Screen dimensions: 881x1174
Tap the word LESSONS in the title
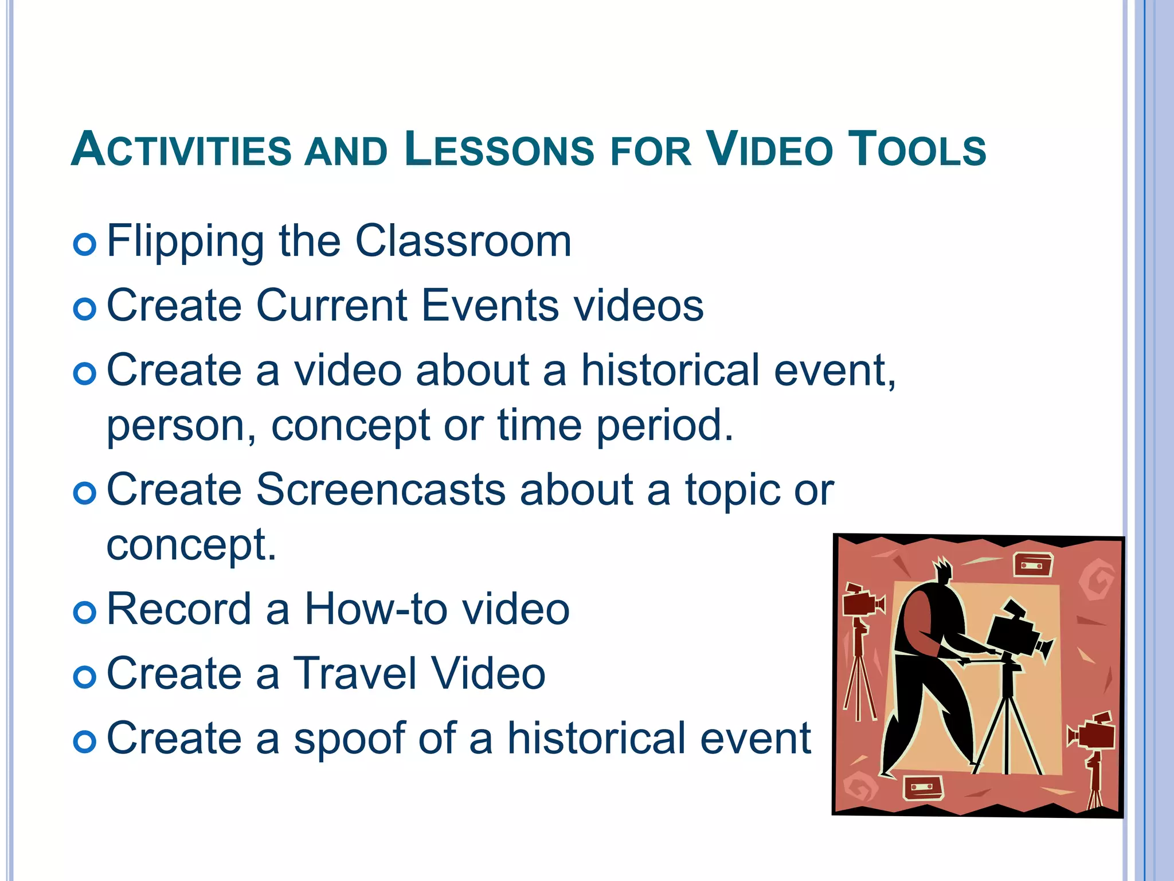click(x=499, y=150)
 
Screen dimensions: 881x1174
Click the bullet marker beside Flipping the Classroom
click(x=85, y=245)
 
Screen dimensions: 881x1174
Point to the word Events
click(x=490, y=306)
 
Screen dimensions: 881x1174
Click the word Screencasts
click(x=381, y=490)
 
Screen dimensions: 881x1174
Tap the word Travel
click(x=355, y=674)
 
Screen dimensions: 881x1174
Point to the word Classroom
click(x=463, y=241)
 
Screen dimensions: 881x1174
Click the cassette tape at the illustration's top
click(x=1032, y=564)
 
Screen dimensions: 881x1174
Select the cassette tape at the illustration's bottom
click(x=923, y=788)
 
